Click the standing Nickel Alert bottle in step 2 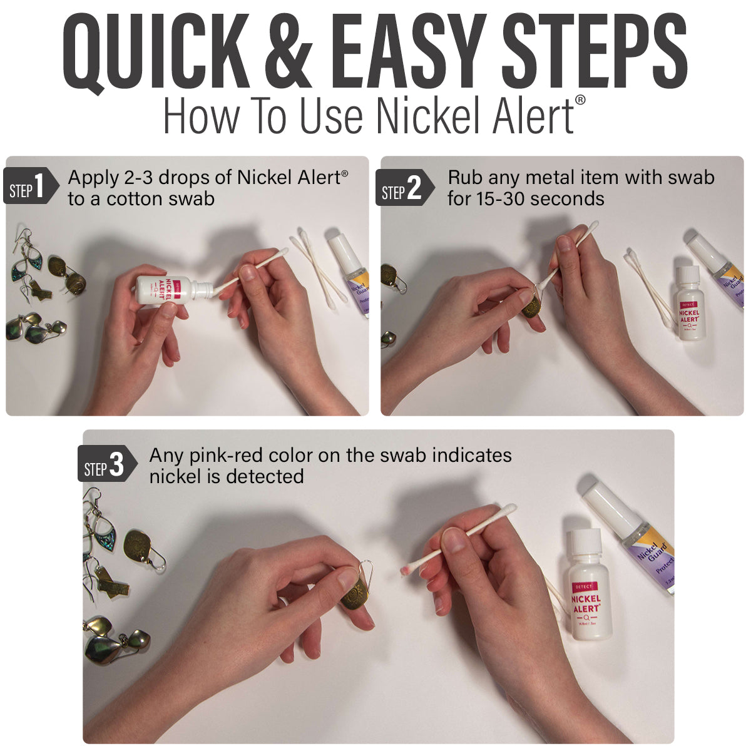tap(688, 304)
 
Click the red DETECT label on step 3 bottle tap(583, 586)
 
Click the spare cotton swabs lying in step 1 tap(316, 269)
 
